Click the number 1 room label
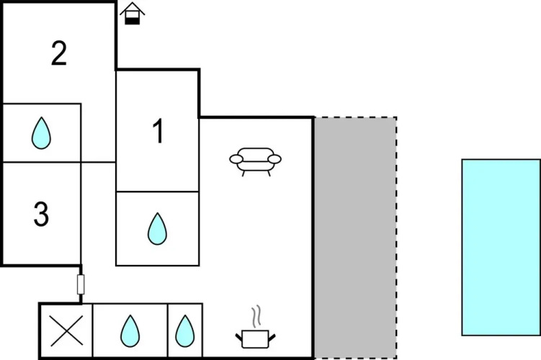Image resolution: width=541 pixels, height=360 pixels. click(157, 132)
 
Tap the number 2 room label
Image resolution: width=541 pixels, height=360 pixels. click(59, 54)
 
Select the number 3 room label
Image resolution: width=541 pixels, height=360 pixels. click(41, 214)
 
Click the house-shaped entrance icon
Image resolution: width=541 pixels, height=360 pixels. click(132, 13)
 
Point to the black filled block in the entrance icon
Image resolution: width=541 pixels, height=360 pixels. click(132, 19)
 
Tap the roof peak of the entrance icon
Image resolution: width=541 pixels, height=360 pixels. click(132, 4)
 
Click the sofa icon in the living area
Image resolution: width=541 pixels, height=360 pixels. click(254, 160)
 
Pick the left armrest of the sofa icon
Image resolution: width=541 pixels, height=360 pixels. click(236, 159)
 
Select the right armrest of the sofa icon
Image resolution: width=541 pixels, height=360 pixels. click(274, 159)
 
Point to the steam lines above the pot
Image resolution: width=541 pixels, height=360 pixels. click(256, 317)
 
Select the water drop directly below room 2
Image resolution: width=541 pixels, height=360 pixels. click(42, 133)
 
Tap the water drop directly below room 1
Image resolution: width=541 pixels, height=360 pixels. click(157, 229)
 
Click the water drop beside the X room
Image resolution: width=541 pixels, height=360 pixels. click(130, 331)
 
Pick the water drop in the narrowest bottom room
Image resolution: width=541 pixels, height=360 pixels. click(185, 331)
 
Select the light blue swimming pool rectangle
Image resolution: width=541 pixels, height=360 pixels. click(501, 247)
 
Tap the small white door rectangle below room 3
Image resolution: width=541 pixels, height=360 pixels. click(81, 284)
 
